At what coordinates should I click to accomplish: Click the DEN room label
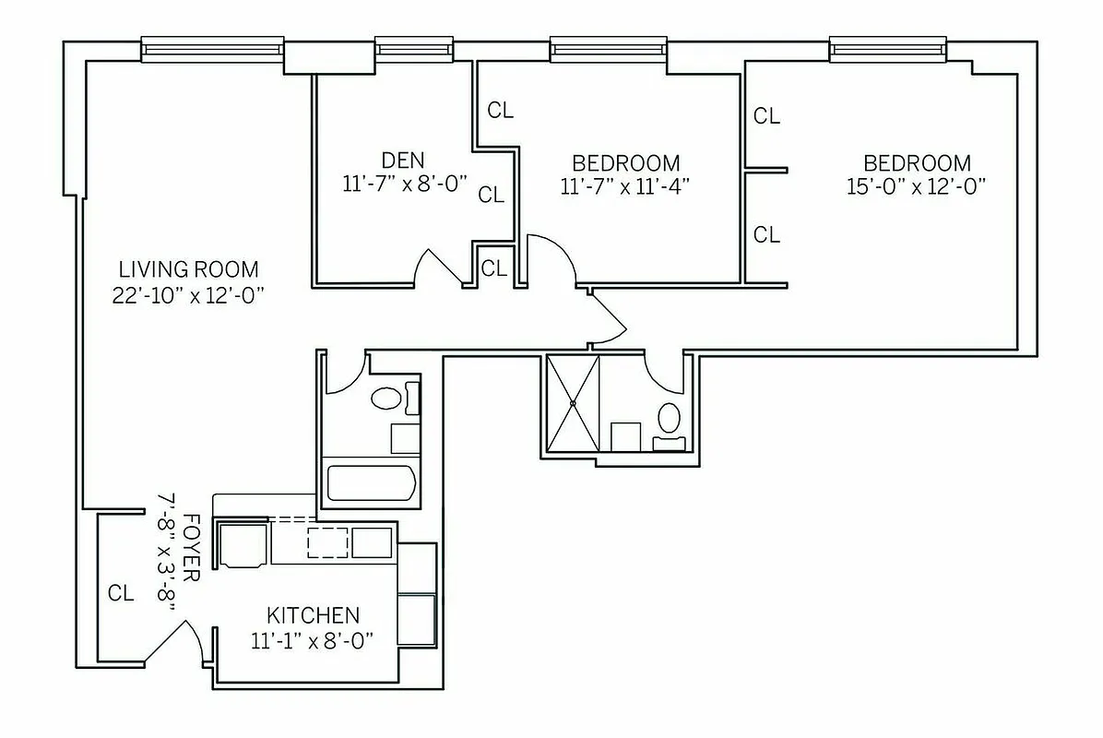403,160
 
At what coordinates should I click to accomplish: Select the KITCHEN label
313,615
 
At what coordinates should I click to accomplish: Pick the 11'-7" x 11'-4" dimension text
625,186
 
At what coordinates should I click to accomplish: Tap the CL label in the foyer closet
121,593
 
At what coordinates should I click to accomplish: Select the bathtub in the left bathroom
372,482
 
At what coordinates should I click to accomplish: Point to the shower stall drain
573,403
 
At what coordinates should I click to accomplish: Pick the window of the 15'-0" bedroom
887,48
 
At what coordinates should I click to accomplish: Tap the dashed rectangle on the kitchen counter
327,542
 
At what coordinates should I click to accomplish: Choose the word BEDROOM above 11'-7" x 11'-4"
625,162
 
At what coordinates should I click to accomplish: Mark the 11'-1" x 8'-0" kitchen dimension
311,640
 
